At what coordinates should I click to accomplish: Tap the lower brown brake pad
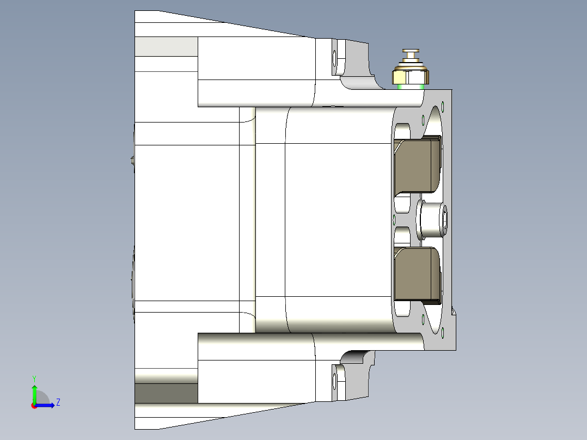[417, 273]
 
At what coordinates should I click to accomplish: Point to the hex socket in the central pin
[446, 220]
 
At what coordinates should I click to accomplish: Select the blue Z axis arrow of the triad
[47, 405]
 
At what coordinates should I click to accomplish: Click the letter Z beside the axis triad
[58, 402]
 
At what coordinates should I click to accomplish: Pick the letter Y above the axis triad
[34, 378]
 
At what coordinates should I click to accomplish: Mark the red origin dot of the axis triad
[34, 405]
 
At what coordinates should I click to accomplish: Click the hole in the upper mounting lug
[334, 57]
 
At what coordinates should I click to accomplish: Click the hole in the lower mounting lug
[334, 384]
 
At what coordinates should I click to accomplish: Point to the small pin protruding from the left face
[132, 160]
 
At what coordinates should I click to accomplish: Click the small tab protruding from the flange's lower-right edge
[454, 313]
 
